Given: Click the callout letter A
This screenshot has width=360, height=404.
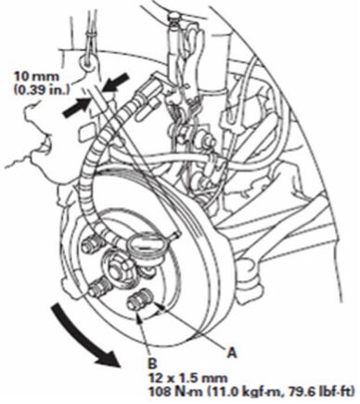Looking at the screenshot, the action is pos(232,352).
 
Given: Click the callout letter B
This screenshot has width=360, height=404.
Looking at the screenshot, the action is pos(153,363).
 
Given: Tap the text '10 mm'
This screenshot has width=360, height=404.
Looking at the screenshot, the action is pos(36,76).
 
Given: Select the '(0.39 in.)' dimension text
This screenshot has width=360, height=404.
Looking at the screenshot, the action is pos(42,89).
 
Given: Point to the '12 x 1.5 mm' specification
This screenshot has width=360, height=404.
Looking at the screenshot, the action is pos(188,378).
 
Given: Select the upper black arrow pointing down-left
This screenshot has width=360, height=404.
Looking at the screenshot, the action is pos(114,82).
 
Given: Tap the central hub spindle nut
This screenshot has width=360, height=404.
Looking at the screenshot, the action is pos(117,266).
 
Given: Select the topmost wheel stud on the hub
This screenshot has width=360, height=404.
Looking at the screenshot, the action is pos(91,245).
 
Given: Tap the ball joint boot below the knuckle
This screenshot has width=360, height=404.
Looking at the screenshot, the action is pos(250,275).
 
